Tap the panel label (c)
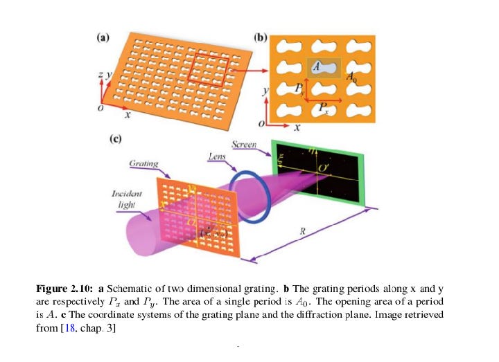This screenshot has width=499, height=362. click(118, 139)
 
